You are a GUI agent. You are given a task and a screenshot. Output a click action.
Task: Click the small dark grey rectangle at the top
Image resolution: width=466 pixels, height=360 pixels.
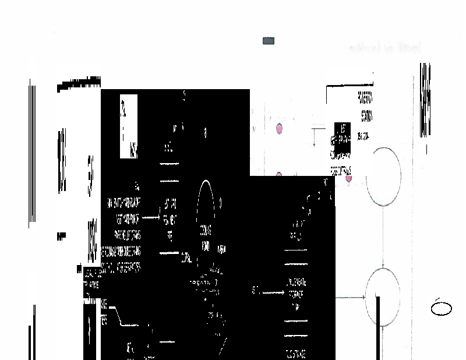click(269, 41)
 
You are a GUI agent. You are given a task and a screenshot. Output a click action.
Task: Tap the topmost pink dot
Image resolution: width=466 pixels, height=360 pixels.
click(279, 129)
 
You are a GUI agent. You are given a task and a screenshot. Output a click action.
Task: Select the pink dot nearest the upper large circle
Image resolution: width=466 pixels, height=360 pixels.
click(348, 178)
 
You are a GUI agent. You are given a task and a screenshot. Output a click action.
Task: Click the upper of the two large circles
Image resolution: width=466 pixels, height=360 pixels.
click(383, 176)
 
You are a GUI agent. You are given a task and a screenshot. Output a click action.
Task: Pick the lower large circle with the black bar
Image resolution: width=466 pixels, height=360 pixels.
click(382, 297)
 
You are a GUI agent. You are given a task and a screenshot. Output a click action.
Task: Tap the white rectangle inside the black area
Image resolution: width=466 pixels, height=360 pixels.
click(129, 126)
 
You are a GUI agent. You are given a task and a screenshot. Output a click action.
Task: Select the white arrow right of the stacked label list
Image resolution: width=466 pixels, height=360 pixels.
click(151, 217)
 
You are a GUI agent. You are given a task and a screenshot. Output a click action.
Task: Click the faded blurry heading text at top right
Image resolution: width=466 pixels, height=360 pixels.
click(384, 47)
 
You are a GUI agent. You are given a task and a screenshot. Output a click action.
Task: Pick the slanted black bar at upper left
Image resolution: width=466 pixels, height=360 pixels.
click(79, 84)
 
